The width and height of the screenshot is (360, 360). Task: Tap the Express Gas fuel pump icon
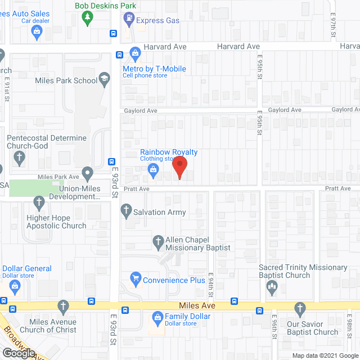(x=128, y=20)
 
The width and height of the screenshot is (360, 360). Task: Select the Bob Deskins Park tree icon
(x=87, y=19)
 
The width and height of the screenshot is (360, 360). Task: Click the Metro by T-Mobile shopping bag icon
(x=135, y=54)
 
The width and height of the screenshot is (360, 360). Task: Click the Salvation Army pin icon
(x=126, y=212)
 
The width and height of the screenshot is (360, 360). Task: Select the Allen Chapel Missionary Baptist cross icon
(x=159, y=242)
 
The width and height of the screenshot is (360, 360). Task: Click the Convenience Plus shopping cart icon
(x=135, y=278)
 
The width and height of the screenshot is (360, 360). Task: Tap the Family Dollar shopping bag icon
(x=157, y=319)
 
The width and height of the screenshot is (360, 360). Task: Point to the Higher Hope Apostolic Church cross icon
(x=39, y=202)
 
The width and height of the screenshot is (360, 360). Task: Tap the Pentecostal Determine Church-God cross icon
(x=19, y=157)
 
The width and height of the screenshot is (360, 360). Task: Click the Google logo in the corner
(x=18, y=353)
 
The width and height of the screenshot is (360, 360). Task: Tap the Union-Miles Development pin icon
(x=87, y=173)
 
